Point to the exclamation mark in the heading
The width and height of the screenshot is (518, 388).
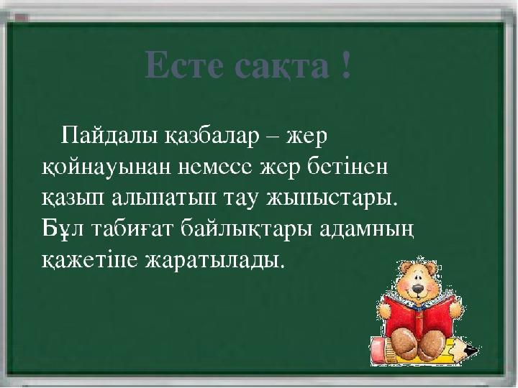(346, 65)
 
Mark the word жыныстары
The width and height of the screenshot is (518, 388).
(331, 199)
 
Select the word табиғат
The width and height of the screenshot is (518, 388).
(132, 228)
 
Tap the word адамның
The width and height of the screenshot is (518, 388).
(367, 230)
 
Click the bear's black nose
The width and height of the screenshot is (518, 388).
(418, 290)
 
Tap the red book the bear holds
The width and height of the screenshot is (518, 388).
(419, 316)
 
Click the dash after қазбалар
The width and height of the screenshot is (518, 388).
(273, 137)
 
